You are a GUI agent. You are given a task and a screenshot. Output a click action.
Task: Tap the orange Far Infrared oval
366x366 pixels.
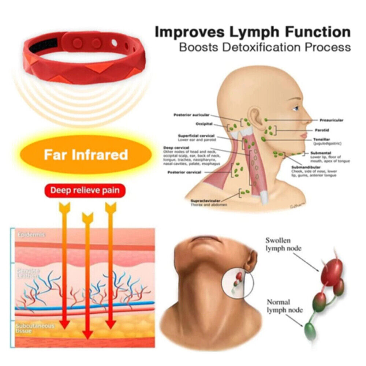(86, 155)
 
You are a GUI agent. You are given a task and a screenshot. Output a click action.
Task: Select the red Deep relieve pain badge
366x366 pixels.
(85, 190)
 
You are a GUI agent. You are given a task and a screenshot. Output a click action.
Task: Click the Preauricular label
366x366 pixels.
(331, 120)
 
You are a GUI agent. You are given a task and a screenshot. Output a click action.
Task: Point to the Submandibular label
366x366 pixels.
(306, 167)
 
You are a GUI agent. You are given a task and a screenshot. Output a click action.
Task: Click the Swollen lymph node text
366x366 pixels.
(284, 244)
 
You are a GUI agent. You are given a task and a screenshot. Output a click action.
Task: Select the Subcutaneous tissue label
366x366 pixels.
(35, 328)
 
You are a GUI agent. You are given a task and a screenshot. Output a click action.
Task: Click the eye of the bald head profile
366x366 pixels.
(296, 108)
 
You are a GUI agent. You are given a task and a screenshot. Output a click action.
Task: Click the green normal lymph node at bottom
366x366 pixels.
(311, 328)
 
